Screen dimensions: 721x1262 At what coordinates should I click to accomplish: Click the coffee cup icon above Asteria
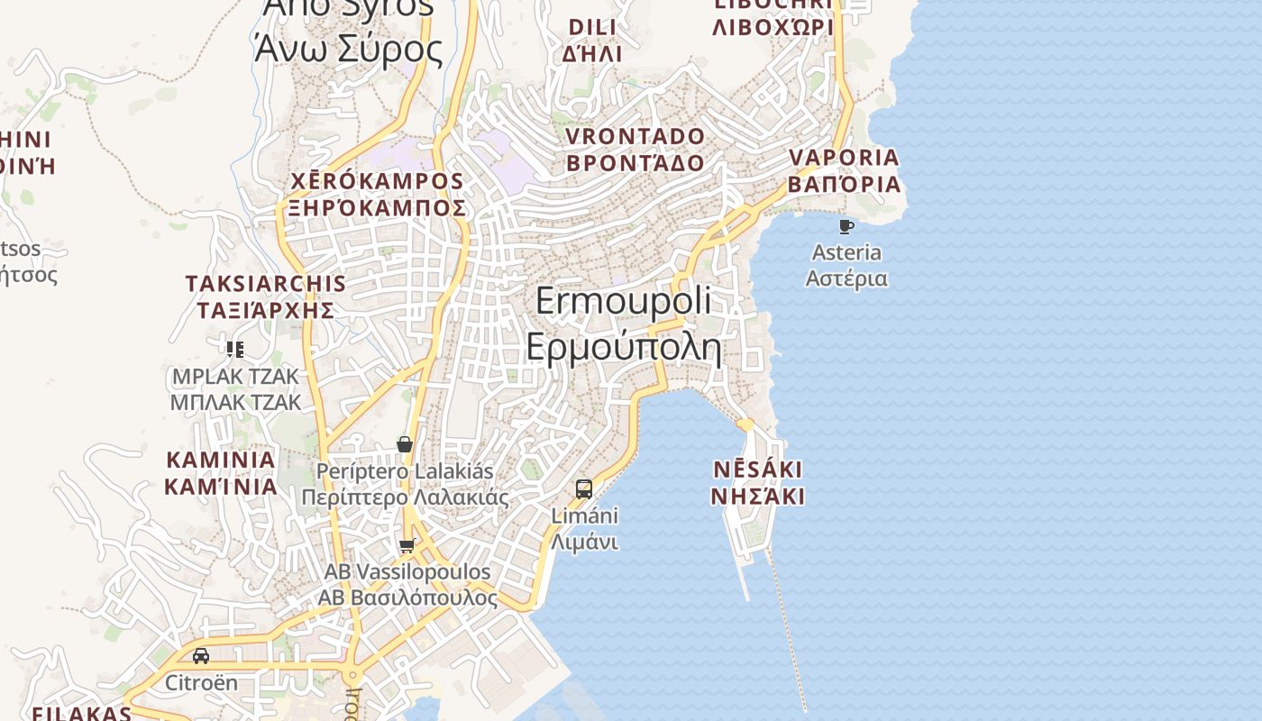pyautogui.click(x=846, y=226)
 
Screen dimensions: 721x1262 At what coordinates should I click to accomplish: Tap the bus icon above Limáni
pyautogui.click(x=584, y=489)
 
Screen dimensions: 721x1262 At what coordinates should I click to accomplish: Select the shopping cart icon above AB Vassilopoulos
pyautogui.click(x=407, y=545)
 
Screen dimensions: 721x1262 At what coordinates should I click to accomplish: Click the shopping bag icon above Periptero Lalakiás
pyautogui.click(x=405, y=444)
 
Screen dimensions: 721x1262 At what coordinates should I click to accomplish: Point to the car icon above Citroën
pyautogui.click(x=201, y=656)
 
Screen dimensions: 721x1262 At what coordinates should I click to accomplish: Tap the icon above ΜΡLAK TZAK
pyautogui.click(x=235, y=349)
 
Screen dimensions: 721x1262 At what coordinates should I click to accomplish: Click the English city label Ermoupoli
pyautogui.click(x=623, y=300)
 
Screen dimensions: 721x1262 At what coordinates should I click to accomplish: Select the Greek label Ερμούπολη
pyautogui.click(x=624, y=347)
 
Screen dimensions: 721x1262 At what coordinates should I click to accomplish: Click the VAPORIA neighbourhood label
pyautogui.click(x=844, y=158)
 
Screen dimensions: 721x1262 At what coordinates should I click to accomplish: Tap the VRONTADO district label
pyautogui.click(x=635, y=136)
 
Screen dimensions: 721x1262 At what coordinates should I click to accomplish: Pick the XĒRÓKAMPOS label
pyautogui.click(x=378, y=181)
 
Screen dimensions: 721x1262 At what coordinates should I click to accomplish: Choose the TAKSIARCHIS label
pyautogui.click(x=266, y=283)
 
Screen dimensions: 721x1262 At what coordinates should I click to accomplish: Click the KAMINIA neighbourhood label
pyautogui.click(x=220, y=460)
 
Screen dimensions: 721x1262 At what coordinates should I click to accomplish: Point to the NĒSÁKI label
pyautogui.click(x=757, y=470)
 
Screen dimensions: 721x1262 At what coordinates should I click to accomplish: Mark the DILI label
pyautogui.click(x=592, y=27)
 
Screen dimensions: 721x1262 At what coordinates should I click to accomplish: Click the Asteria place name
pyautogui.click(x=846, y=252)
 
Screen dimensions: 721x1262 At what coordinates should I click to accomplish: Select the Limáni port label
pyautogui.click(x=584, y=516)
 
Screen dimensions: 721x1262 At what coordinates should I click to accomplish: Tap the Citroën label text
pyautogui.click(x=201, y=682)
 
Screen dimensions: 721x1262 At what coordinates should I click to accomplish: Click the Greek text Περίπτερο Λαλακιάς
pyautogui.click(x=405, y=497)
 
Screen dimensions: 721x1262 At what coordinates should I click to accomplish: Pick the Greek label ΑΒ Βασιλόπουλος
pyautogui.click(x=407, y=598)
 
